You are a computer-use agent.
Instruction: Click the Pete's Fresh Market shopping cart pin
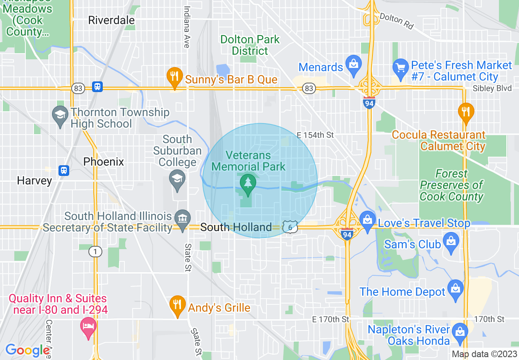400,67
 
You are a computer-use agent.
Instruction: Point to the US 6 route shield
290,228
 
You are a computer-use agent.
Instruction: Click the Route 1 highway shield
95,252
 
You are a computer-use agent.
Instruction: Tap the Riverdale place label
111,20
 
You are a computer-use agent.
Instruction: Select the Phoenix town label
104,162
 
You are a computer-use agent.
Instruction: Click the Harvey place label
34,180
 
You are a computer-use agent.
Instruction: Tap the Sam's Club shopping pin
451,242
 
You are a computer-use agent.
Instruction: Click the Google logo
27,350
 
